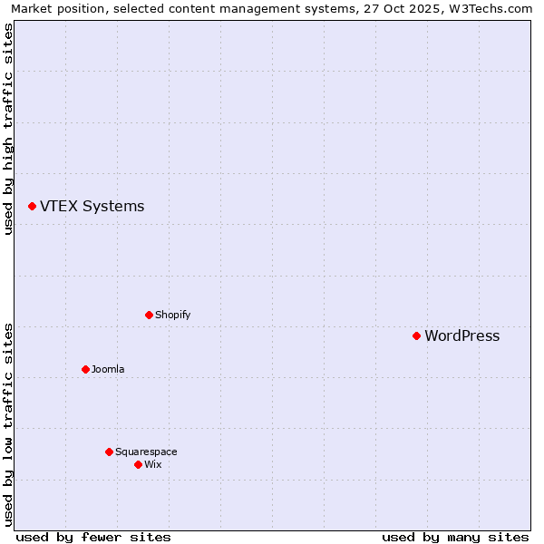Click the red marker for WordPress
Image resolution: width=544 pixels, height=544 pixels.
(x=416, y=335)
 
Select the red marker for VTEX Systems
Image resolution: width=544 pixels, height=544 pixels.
(x=32, y=207)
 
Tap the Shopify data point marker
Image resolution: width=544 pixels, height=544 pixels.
(x=149, y=315)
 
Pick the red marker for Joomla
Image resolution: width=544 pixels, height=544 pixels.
(x=85, y=369)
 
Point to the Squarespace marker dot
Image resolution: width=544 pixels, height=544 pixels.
(x=109, y=452)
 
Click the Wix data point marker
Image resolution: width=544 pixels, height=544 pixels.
(x=138, y=464)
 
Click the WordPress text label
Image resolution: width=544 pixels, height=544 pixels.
(x=461, y=336)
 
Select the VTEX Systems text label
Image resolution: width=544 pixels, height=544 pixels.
(x=92, y=207)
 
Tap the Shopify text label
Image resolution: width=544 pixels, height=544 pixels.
(x=172, y=316)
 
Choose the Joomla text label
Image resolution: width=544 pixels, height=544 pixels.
(x=108, y=370)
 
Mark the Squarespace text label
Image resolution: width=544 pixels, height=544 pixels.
(x=146, y=452)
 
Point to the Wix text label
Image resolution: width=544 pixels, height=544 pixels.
(x=152, y=465)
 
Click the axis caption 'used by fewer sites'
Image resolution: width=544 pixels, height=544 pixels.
(x=93, y=537)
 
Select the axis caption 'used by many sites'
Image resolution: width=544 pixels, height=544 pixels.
(x=455, y=537)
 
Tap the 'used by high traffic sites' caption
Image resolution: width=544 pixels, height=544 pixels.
(x=8, y=129)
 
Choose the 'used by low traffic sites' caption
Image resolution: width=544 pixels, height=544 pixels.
(x=8, y=423)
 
